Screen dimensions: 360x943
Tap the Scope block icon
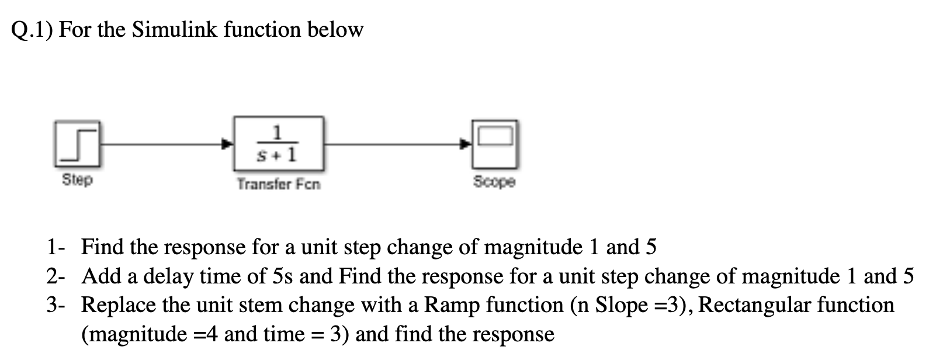(495, 144)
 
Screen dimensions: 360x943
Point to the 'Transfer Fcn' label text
(279, 185)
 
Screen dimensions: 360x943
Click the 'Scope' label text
(494, 182)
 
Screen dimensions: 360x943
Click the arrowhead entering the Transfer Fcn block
(229, 143)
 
